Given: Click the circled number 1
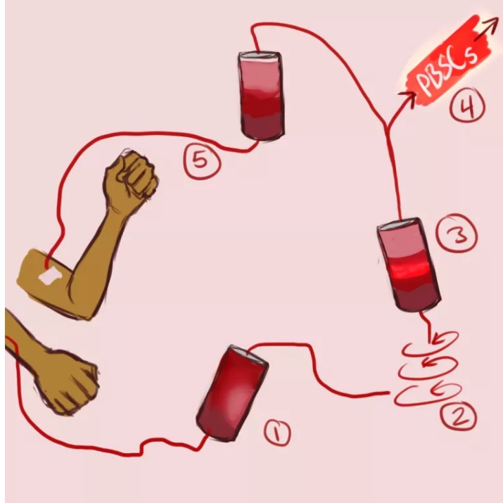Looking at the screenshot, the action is click(277, 432).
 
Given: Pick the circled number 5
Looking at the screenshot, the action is click(202, 160).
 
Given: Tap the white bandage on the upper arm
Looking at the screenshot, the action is click(50, 276).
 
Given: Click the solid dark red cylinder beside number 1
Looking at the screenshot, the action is click(231, 393).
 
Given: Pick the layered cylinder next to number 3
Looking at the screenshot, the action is click(408, 265).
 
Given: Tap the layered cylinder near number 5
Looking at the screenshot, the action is click(262, 96).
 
